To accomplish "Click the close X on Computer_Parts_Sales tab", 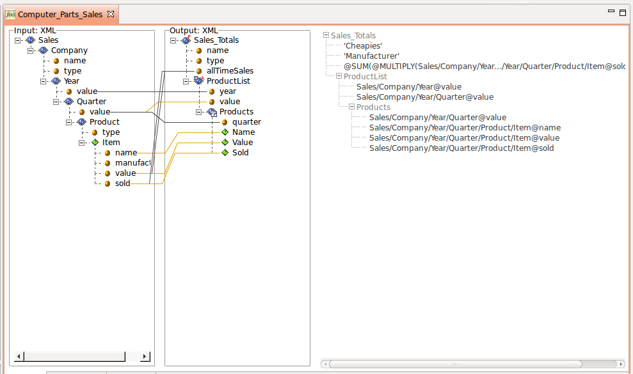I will (x=110, y=14).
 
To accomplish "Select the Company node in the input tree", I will (x=69, y=51).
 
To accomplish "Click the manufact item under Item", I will (x=132, y=163).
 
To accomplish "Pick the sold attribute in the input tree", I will (x=122, y=183).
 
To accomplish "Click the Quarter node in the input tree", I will (x=91, y=102).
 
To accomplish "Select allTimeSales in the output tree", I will (x=230, y=71).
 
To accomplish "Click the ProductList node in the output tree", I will (x=228, y=81).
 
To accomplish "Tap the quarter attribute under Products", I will (x=246, y=122).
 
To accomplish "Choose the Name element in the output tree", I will (x=243, y=132).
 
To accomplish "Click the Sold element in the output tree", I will (x=240, y=153).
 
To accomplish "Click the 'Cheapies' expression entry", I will (x=363, y=46).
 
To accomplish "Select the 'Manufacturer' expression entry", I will (x=371, y=56).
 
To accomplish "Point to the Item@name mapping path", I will (x=465, y=128).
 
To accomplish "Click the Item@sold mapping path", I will (x=461, y=148).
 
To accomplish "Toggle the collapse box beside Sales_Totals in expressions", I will (x=326, y=36).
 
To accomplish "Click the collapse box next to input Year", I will (x=44, y=81).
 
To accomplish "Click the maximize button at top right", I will (x=622, y=12).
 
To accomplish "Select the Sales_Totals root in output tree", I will (x=216, y=40).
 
